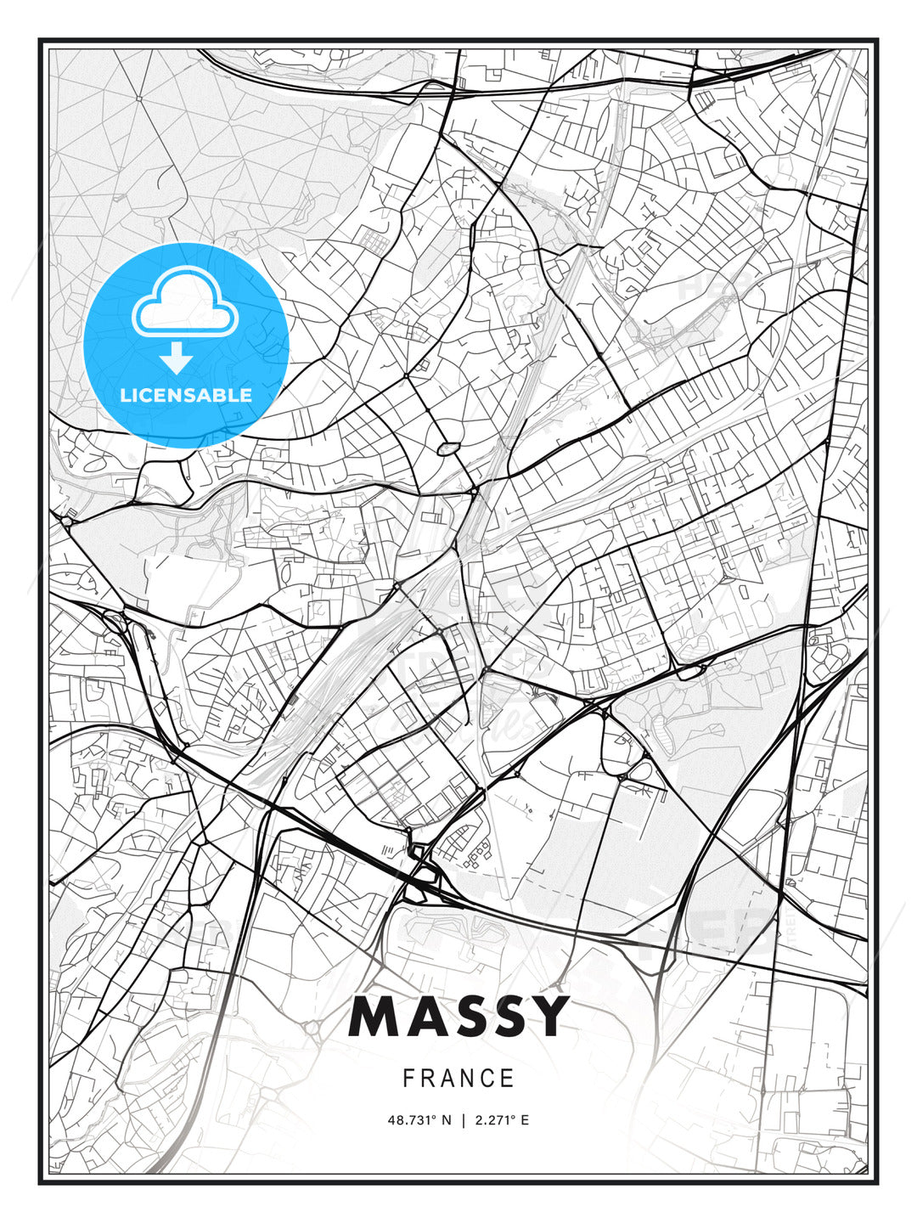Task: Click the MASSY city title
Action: point(458,1016)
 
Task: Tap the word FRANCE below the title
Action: point(458,1079)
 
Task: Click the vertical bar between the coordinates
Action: point(463,1120)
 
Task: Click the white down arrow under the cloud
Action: point(176,358)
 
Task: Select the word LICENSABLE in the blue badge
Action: point(186,395)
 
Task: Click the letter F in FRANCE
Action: point(408,1079)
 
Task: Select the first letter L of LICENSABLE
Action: point(125,395)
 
